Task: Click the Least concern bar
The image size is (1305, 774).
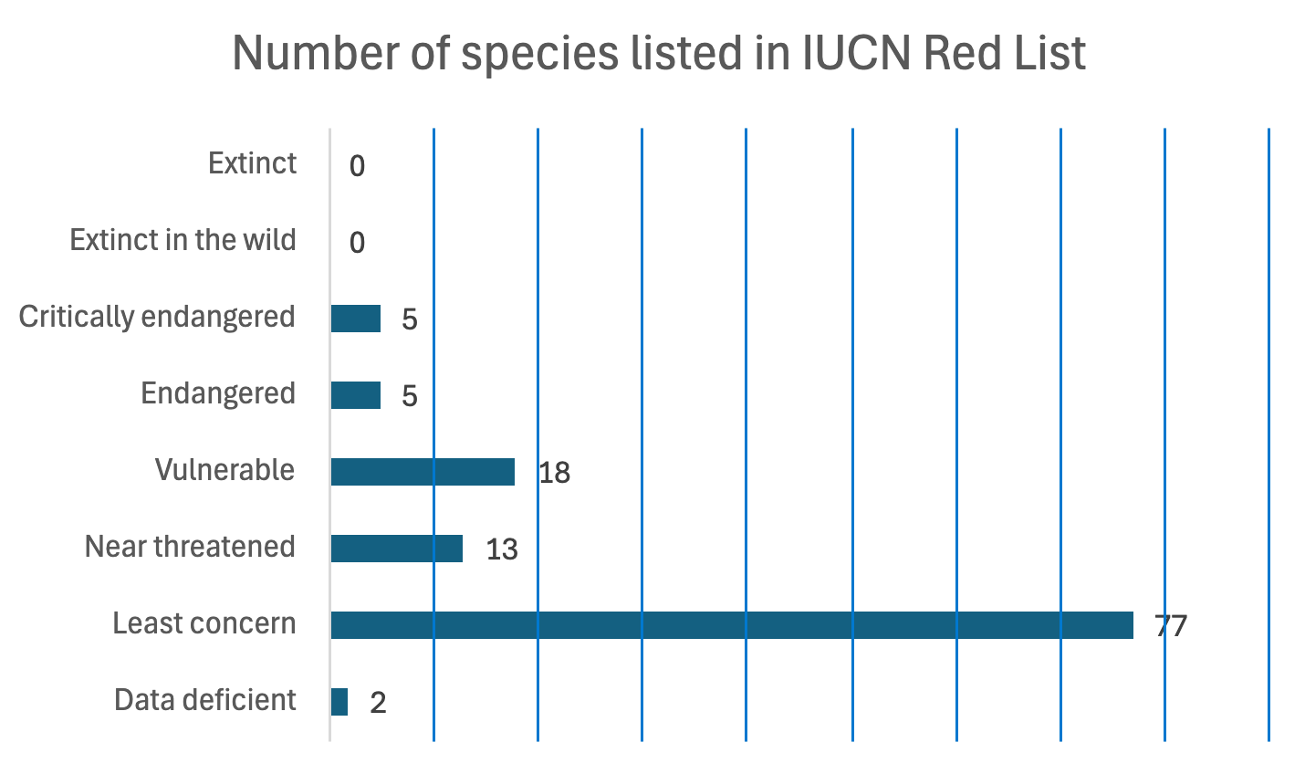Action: (x=731, y=625)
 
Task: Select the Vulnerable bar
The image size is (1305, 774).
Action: (x=423, y=472)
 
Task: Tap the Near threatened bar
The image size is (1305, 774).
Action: (x=396, y=549)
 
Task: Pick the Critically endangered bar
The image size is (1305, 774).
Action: (x=355, y=319)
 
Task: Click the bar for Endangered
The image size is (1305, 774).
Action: (x=355, y=395)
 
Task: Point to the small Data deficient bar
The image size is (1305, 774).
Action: (x=339, y=702)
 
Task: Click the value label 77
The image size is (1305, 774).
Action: (x=1171, y=626)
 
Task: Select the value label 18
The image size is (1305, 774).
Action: (x=554, y=473)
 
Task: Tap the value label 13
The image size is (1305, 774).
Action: (x=502, y=549)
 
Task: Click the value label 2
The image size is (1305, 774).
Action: (x=378, y=703)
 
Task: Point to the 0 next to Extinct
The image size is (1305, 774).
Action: (x=357, y=166)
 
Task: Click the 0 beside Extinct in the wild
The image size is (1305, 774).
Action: (x=357, y=243)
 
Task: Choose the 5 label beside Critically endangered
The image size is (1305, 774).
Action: (x=409, y=319)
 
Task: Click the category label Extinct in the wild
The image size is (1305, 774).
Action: (x=183, y=240)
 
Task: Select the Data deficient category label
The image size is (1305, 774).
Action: (x=205, y=700)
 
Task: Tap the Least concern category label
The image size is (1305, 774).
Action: (x=204, y=623)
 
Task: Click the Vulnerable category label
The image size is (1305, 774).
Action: (x=224, y=470)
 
